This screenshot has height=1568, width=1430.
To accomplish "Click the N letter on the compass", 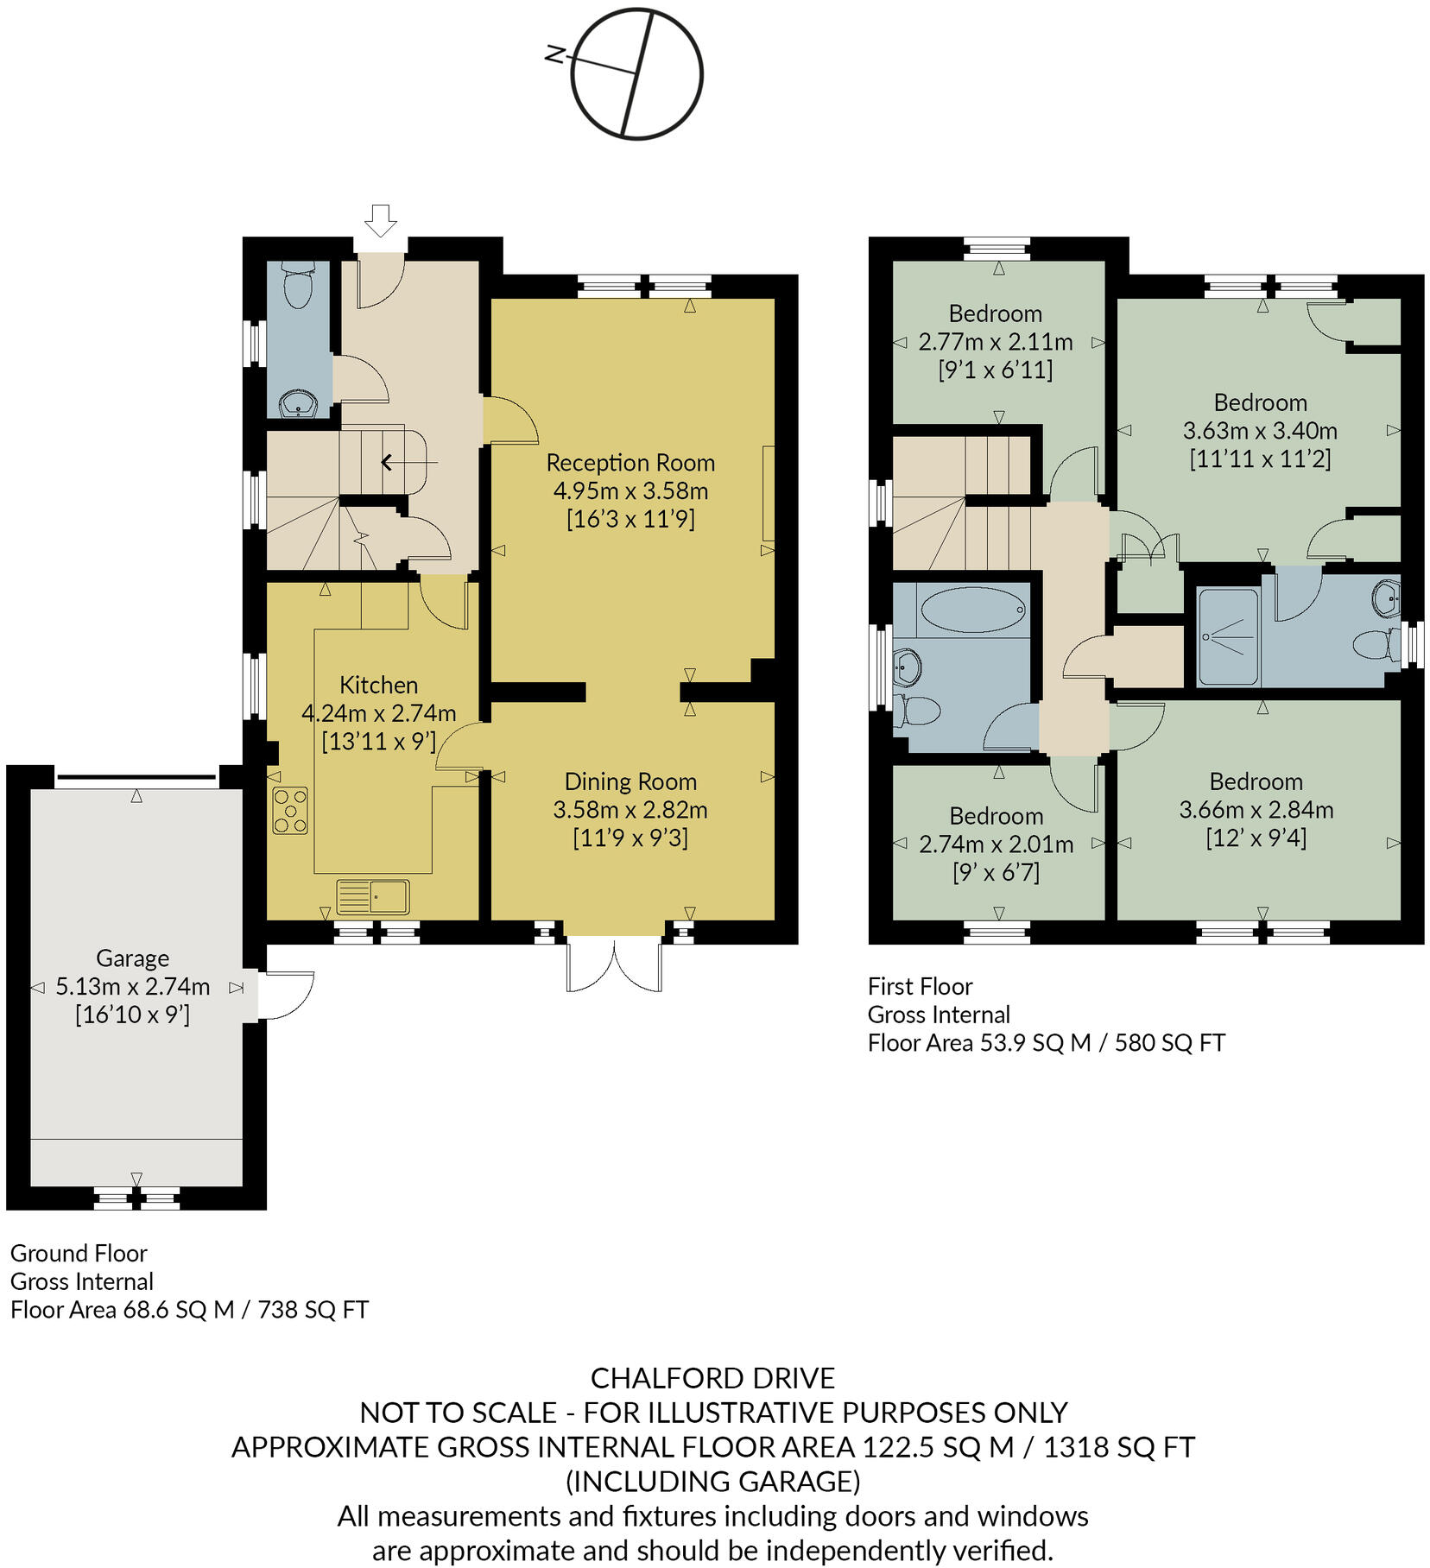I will [556, 55].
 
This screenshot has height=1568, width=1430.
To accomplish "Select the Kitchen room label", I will [378, 685].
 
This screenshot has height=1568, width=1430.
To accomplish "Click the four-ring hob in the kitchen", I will [290, 810].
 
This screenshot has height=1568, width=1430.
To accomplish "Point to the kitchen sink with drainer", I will [373, 896].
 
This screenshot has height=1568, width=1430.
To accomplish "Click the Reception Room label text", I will [630, 463].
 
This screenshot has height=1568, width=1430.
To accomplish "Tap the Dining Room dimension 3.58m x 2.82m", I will [630, 810].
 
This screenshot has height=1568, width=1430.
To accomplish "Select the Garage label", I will [132, 958].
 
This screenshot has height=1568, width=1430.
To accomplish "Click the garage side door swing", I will [288, 995].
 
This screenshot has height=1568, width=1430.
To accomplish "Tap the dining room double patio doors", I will [614, 964].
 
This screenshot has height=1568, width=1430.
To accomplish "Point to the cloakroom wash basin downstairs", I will [299, 403].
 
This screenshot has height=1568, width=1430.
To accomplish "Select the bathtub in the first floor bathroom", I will [972, 610].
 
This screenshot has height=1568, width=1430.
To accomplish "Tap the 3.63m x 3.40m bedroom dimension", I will [1260, 430].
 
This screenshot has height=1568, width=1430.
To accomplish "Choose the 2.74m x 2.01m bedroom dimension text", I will [996, 844].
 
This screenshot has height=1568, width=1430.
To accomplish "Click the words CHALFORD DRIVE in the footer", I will [712, 1377].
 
